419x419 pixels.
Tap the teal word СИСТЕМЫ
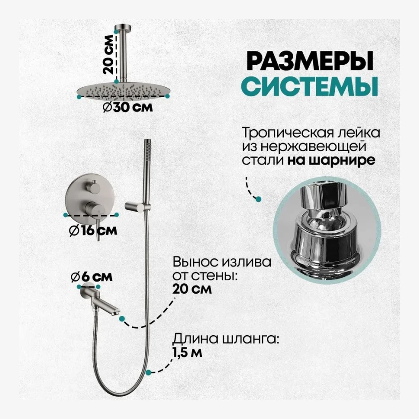[309, 86]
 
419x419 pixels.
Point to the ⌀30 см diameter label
[128, 107]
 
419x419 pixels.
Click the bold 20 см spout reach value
[192, 289]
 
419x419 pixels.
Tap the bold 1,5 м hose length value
[187, 352]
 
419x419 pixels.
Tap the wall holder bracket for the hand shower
[136, 205]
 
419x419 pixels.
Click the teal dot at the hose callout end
[148, 372]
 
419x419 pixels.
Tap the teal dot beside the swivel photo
[258, 199]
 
